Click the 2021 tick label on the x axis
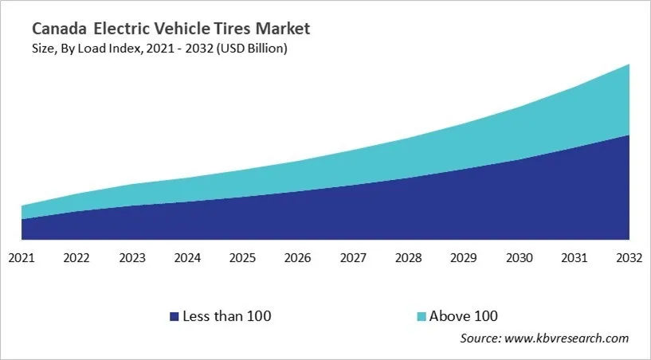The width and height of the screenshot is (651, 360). pos(22,258)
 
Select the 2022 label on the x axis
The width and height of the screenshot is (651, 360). pos(76,258)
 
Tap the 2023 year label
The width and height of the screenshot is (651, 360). pos(132,258)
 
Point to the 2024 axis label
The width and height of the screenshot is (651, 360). pos(187,258)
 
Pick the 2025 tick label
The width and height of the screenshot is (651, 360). pos(242,258)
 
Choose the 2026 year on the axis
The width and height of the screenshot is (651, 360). pos(298,258)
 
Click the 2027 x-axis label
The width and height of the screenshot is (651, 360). pos(353,258)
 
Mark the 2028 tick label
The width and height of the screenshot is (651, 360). pos(408,258)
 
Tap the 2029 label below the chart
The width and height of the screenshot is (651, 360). pos(464,258)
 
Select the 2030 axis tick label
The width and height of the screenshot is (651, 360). pos(519,258)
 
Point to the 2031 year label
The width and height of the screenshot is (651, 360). pos(574,258)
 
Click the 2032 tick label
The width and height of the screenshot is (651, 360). pos(629,258)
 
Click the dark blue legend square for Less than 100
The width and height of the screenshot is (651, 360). pos(174,316)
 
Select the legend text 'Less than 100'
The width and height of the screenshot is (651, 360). pos(227,316)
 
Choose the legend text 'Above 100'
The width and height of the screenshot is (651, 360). pos(463,316)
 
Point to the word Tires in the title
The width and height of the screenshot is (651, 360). pos(236,29)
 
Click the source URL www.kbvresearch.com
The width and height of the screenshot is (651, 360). pos(567,338)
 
